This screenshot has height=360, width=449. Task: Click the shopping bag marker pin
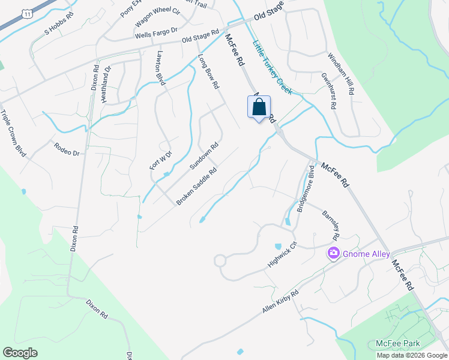pos(259,108)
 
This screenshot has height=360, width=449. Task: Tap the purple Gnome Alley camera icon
pos(333,254)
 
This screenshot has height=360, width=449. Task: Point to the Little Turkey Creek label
pos(272,67)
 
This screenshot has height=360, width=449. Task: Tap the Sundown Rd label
pos(204,155)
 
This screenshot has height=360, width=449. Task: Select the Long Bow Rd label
pos(208,72)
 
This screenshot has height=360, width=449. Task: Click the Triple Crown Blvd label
pos(13,133)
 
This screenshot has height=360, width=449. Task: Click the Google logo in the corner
pos(20,353)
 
